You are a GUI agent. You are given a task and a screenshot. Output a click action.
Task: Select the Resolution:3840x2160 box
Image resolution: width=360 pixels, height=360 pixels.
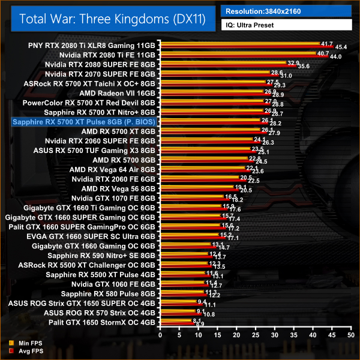(x=286, y=11)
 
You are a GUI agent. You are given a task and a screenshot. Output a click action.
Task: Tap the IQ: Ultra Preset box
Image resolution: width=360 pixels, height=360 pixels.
(x=286, y=25)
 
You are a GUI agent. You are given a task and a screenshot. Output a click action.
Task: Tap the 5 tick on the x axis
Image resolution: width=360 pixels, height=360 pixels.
(x=177, y=338)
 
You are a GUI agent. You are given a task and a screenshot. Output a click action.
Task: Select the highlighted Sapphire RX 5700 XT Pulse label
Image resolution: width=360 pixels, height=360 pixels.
(x=83, y=122)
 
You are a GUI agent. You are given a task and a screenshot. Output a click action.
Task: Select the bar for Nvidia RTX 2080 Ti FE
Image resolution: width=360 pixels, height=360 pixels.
(x=240, y=55)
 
